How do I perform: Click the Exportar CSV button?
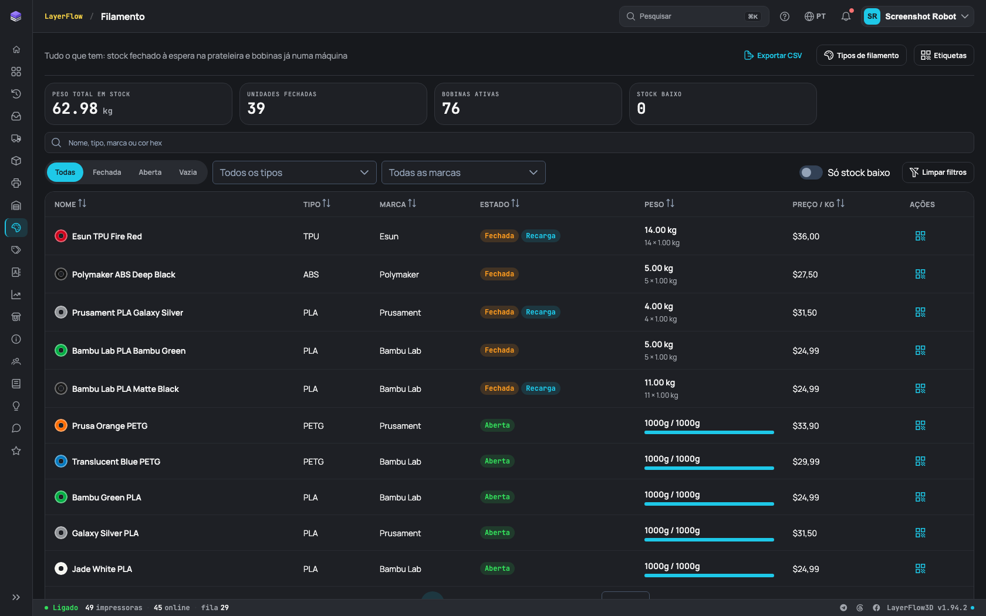click(773, 55)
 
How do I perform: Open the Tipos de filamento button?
click(861, 55)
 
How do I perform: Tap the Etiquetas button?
click(943, 55)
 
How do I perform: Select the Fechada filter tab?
click(107, 172)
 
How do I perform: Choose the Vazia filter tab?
click(188, 172)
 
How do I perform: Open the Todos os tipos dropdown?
click(294, 172)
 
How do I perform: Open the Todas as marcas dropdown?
click(463, 172)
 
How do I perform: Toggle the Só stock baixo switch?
click(811, 172)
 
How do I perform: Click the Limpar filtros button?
click(938, 172)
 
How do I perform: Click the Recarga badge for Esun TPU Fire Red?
click(541, 236)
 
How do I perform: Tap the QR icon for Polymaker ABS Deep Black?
click(920, 274)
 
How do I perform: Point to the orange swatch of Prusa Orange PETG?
click(61, 425)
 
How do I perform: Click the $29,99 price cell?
click(806, 462)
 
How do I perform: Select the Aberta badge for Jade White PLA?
click(497, 568)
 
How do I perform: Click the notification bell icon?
click(846, 16)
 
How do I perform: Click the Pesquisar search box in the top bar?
click(694, 16)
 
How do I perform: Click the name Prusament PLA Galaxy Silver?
click(128, 312)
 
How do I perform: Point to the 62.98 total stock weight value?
click(75, 108)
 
